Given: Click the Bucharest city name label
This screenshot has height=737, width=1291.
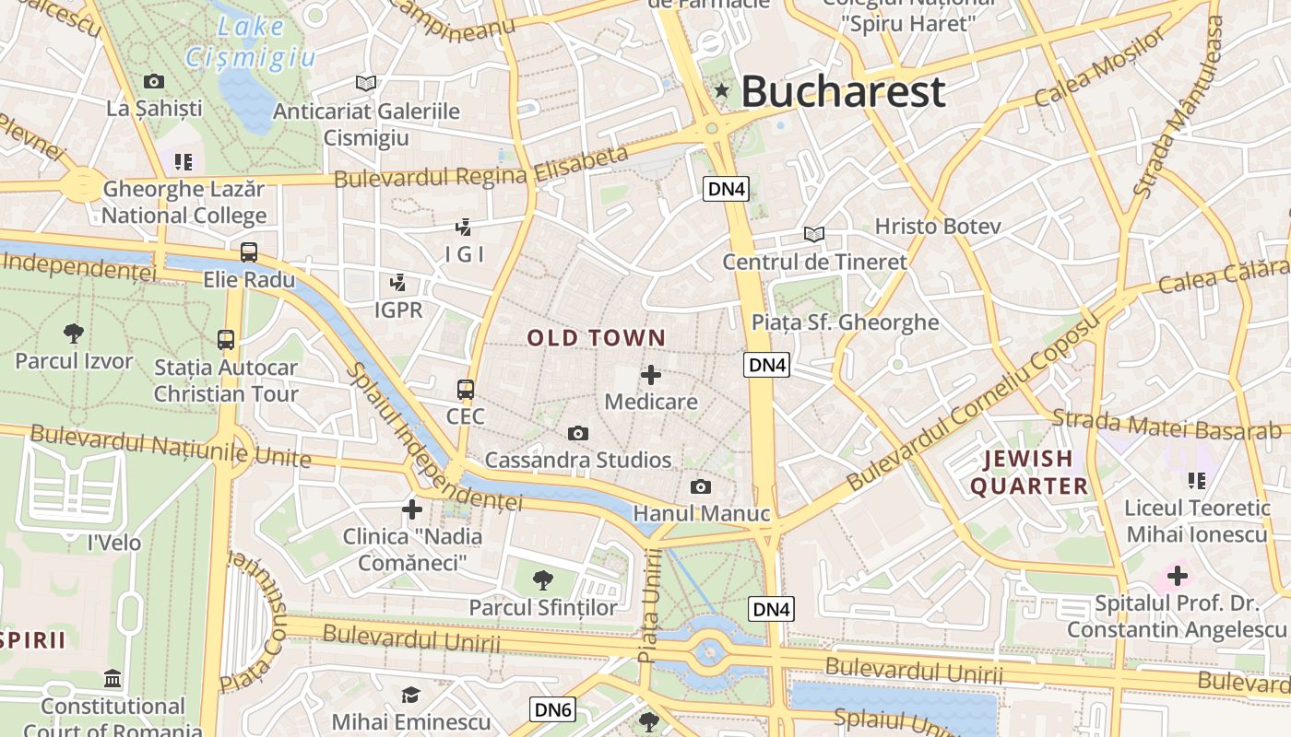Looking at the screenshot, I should (x=843, y=92).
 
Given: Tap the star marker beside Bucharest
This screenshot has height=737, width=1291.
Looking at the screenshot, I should (x=722, y=90).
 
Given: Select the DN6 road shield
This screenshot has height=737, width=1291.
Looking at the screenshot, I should (x=554, y=708).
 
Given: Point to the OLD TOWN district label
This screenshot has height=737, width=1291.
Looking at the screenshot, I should (x=596, y=338).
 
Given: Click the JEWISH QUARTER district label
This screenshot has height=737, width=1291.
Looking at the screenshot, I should (x=1028, y=472).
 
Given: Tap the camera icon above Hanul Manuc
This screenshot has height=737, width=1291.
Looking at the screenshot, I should (x=701, y=486).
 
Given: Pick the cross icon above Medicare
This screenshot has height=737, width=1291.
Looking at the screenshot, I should (x=651, y=375).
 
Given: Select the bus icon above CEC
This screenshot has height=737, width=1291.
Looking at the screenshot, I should (x=466, y=390).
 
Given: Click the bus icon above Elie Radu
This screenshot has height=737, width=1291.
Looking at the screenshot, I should (x=249, y=252).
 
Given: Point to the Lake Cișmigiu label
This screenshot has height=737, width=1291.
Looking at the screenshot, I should (x=251, y=42).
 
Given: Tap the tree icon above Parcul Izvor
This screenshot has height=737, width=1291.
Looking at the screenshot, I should (x=74, y=333).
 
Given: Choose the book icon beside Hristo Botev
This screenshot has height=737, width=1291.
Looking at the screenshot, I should (x=813, y=234).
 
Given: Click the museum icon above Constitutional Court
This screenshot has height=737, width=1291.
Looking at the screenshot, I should (x=113, y=680).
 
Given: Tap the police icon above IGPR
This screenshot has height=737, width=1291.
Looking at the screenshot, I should (x=398, y=283).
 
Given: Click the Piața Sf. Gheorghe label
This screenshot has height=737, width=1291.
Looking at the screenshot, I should (x=845, y=322).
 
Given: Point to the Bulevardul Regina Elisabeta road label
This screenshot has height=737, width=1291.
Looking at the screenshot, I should (x=481, y=167).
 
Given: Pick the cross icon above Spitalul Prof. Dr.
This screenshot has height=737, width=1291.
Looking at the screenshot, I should (x=1177, y=577).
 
